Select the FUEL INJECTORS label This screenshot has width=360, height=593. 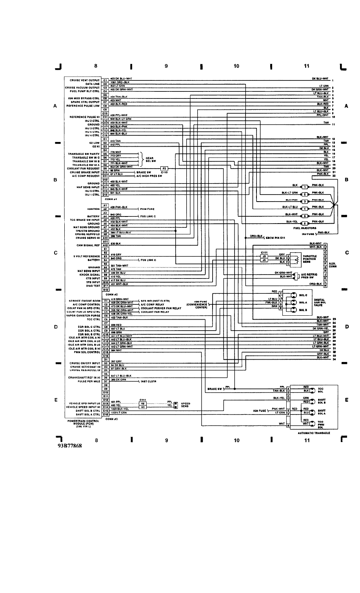(305, 228)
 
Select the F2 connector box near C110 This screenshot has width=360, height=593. (164, 168)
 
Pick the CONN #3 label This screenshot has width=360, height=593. (112, 418)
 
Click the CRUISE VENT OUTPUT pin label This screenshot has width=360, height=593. (84, 80)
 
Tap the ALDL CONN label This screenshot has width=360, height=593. (333, 265)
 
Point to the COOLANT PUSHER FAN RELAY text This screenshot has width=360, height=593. (161, 308)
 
